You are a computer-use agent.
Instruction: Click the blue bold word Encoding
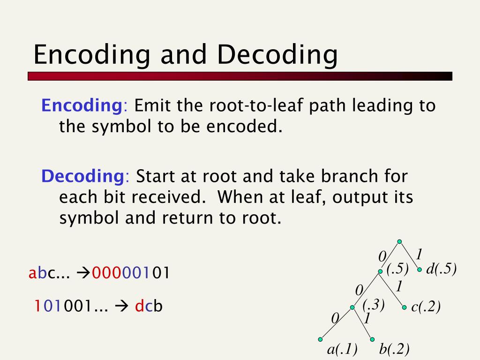point(82,105)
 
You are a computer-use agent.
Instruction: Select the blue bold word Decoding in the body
point(82,176)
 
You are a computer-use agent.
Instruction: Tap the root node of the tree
point(399,242)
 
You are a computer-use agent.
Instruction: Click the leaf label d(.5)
point(441,269)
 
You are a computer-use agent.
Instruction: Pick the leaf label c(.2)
point(426,307)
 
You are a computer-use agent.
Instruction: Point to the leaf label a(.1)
point(342,349)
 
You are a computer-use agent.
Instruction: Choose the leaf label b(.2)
point(395,349)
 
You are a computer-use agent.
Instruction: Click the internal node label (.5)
point(398,269)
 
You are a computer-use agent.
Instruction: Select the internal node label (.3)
point(374,305)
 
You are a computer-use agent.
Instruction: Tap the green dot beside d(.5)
point(420,270)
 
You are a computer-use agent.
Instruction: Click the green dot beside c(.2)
point(405,308)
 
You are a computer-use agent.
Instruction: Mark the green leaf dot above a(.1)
point(321,339)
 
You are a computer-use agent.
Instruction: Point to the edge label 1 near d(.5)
point(419,255)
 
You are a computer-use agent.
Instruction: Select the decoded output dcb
point(149,306)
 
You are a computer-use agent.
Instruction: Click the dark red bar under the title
point(240,76)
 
